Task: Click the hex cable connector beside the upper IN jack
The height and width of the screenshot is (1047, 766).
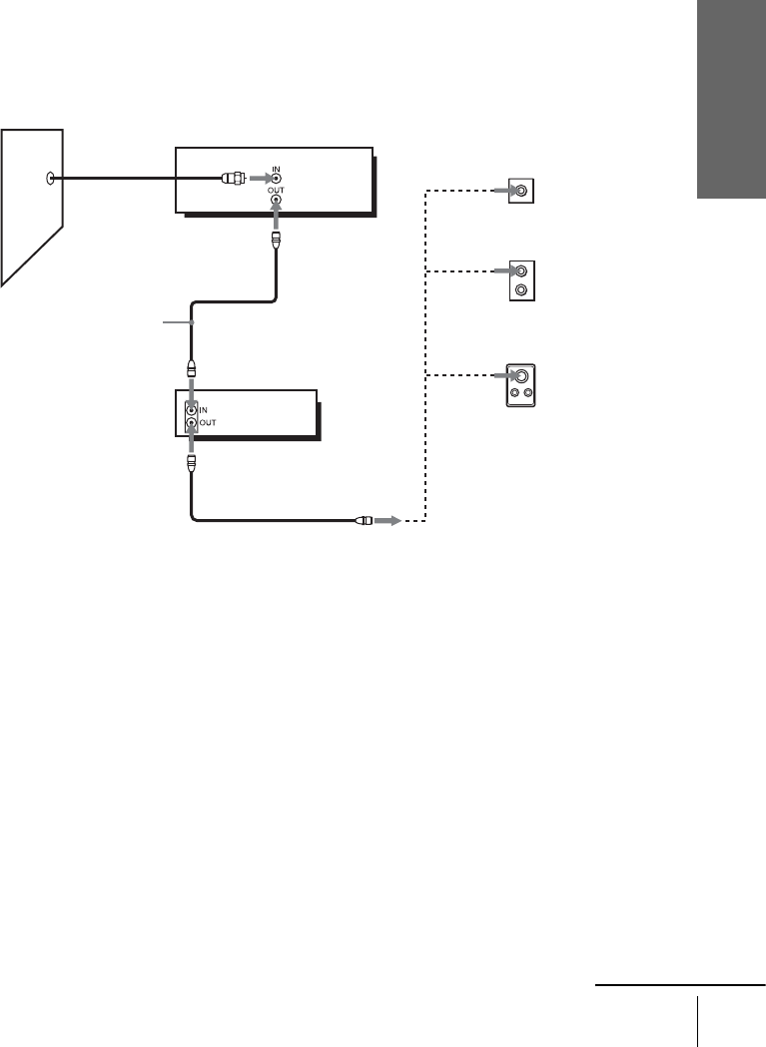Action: [233, 180]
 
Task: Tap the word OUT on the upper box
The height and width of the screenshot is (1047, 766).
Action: [277, 189]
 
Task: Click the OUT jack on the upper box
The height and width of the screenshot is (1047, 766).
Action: [277, 200]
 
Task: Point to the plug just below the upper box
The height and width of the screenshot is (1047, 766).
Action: [277, 241]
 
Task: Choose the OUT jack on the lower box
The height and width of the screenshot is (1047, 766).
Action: [192, 422]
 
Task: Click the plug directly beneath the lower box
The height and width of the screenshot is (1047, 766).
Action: [192, 464]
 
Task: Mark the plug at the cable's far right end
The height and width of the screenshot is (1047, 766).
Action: [364, 520]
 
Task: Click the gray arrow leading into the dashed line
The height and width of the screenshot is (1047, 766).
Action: [387, 520]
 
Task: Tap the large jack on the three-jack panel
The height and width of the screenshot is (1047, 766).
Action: [521, 377]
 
